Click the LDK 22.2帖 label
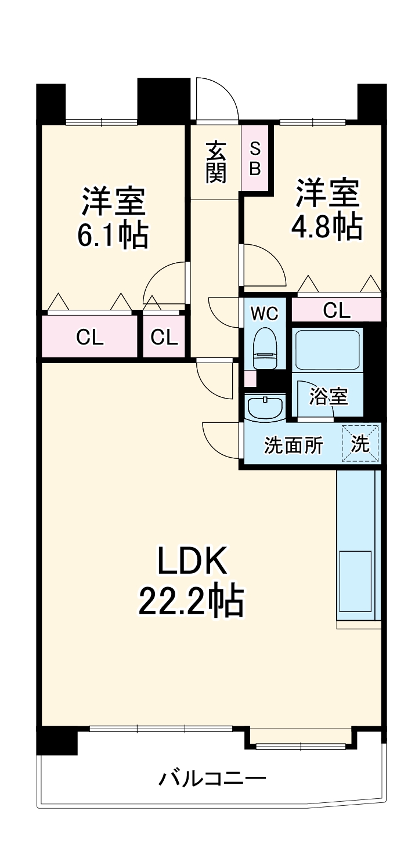190,582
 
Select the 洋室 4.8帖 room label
327,210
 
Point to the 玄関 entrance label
215,162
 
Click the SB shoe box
255,159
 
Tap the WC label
265,313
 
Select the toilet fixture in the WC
266,347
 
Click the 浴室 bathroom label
328,397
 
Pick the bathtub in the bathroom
327,349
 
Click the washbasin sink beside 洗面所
265,407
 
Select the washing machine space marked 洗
360,444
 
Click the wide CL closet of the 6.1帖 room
90,337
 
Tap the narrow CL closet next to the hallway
164,337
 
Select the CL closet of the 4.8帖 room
337,311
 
